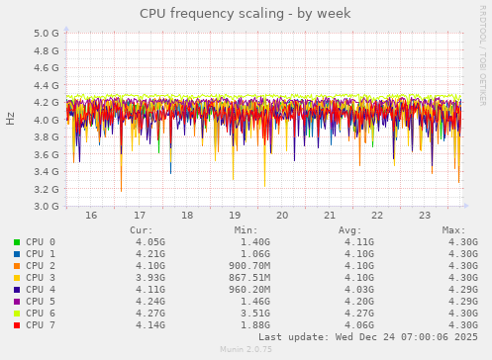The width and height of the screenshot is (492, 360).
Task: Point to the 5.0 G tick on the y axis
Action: point(46,33)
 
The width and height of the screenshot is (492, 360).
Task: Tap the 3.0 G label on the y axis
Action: point(46,207)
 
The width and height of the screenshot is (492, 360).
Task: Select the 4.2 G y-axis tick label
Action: point(46,102)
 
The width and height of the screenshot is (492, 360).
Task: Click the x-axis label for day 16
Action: point(91,215)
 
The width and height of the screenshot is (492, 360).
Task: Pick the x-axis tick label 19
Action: point(235,215)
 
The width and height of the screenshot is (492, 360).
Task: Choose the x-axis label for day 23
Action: point(425,215)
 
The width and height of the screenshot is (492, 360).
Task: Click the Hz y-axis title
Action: point(11,120)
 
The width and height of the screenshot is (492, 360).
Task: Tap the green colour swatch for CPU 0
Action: point(17,241)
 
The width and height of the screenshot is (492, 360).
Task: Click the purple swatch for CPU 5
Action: point(17,301)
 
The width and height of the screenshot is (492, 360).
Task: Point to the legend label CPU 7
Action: point(41,324)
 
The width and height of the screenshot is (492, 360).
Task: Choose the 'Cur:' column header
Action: point(142,229)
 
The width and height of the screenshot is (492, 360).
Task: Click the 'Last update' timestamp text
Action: point(367,336)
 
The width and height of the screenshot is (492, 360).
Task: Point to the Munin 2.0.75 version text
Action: point(246,349)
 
